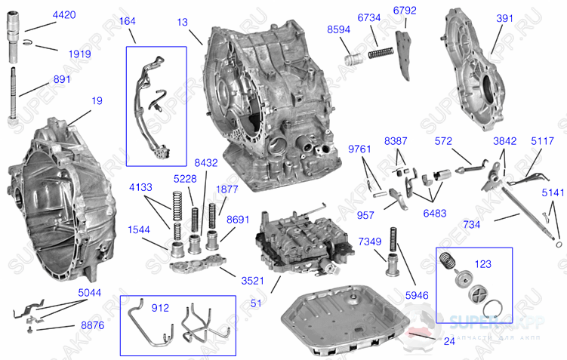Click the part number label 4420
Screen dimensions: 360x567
coord(65,15)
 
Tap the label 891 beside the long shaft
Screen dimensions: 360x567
coord(62,78)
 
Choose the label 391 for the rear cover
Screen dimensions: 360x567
coord(505,19)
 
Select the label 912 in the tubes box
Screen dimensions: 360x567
coord(160,308)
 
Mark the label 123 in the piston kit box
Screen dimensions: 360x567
coord(481,266)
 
